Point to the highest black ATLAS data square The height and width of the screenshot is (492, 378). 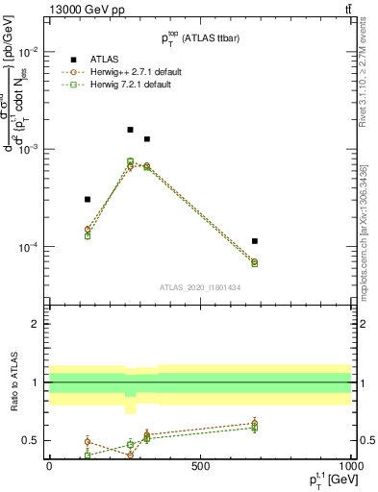[130, 129]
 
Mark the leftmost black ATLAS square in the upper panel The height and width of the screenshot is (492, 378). [88, 199]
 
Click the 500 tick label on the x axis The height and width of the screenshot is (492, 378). [200, 466]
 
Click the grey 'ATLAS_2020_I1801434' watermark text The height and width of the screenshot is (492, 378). [200, 287]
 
